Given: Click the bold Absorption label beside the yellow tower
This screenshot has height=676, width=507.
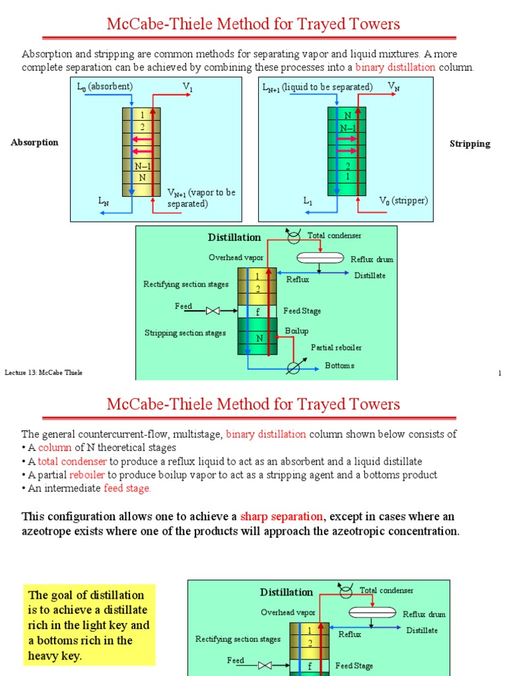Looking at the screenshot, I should pos(34,143).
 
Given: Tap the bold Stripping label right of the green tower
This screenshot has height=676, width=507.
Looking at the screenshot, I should pos(469,144).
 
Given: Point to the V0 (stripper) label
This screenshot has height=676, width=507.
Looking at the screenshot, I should pos(403,201).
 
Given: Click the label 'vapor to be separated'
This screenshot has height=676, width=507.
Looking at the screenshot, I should pos(201,199).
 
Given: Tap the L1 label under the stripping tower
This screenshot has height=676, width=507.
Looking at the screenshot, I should pos(308,201).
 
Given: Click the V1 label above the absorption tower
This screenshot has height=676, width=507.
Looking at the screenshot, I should pos(187,86).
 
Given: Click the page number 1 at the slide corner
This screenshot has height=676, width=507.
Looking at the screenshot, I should pos(500,374).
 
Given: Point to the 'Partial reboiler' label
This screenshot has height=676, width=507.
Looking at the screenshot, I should pos(336,347).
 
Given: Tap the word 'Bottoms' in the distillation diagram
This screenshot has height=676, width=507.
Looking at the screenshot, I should pos(339,366).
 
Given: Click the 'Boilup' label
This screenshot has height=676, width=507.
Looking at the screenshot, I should pos(296,331).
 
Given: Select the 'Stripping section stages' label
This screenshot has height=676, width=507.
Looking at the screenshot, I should pos(185,333).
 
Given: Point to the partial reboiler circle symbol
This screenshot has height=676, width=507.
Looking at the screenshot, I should pos(294,368).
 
